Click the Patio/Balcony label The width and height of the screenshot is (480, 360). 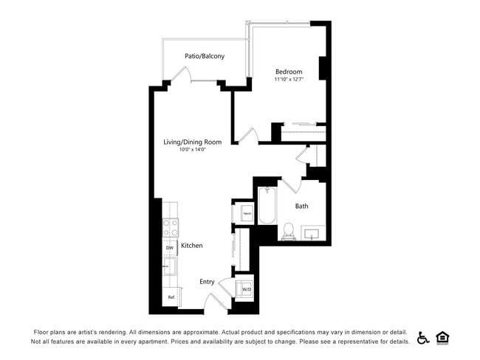205,56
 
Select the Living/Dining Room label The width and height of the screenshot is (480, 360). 192,142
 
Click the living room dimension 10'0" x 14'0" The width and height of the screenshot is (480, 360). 192,150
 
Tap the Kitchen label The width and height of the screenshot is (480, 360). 192,246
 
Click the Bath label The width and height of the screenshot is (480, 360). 301,206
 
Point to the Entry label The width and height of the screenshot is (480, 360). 207,282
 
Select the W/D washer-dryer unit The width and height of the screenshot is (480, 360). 246,288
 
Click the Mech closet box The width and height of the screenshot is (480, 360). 247,215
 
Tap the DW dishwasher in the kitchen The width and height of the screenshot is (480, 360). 169,248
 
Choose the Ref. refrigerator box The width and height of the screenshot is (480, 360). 170,297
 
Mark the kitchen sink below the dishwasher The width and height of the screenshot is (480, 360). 170,266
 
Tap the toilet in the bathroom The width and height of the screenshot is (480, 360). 288,233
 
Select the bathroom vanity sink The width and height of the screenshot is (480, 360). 313,234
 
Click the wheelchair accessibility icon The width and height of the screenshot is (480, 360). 424,338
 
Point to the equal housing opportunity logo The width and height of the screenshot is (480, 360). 443,338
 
